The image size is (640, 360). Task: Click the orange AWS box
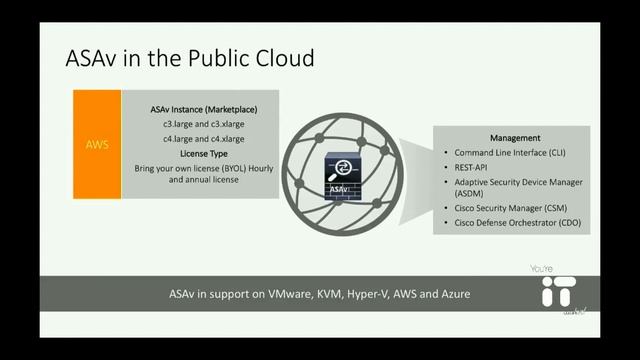pos(97,144)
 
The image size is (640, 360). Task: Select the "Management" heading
pos(515,137)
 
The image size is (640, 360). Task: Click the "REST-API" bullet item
pos(477,169)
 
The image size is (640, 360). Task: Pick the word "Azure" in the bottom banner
pos(453,295)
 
